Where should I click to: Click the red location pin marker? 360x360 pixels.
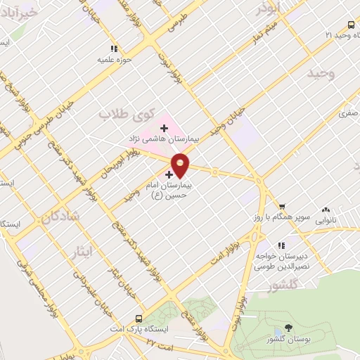pyautogui.click(x=181, y=164)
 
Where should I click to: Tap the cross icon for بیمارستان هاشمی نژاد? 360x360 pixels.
pyautogui.click(x=164, y=128)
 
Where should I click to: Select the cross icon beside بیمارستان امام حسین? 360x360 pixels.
pyautogui.click(x=169, y=173)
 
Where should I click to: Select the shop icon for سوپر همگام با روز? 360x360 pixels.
pyautogui.click(x=281, y=207)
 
